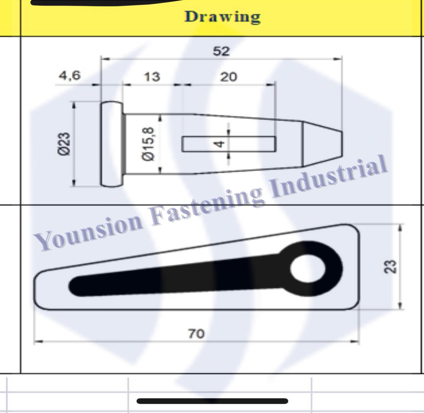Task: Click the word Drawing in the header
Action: pos(222,17)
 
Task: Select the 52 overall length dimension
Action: pos(221,51)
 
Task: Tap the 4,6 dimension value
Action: pos(70,76)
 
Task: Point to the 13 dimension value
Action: pos(152,77)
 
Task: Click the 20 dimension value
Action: pos(228,77)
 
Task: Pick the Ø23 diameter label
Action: pos(64,143)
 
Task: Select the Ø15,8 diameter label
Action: pos(149,143)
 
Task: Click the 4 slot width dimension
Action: pos(219,144)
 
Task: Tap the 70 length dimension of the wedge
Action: pos(196,333)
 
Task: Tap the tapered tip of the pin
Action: pos(323,144)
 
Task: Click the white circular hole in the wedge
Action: pos(308,268)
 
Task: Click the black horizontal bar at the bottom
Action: pos(212,401)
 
